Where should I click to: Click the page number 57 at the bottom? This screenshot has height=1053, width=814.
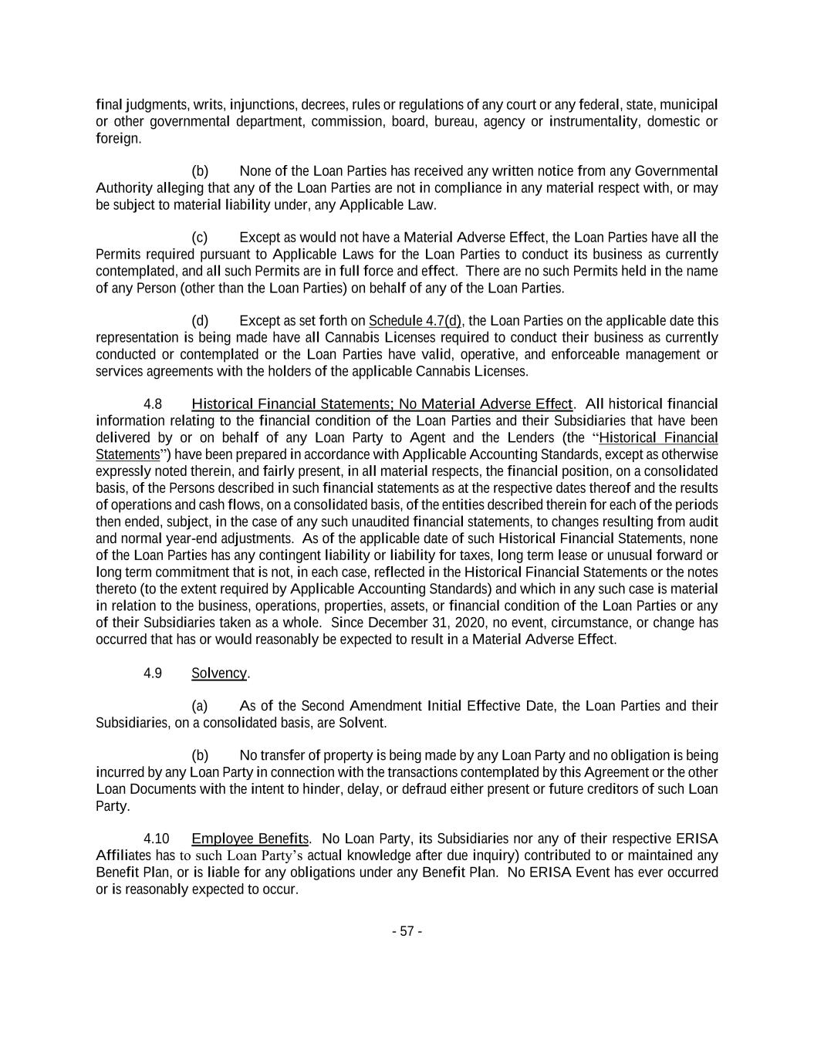pos(407,931)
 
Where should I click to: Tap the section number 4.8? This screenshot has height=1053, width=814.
pos(153,404)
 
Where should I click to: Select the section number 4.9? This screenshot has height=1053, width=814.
pos(153,673)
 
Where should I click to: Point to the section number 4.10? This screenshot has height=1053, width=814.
pos(156,839)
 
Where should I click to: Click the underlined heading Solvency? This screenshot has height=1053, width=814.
pos(219,673)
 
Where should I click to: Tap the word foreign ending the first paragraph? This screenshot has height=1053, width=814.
pos(117,139)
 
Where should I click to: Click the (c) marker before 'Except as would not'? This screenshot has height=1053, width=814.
pos(200,237)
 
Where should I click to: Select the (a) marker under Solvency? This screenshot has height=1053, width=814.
pos(200,706)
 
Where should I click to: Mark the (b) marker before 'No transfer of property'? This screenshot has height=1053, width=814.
pos(200,755)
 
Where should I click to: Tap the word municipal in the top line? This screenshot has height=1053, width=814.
pos(689,104)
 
